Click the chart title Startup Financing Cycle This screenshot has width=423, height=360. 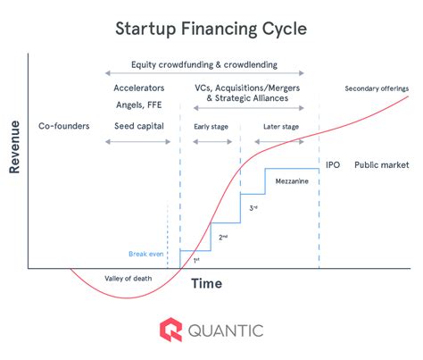point(211,29)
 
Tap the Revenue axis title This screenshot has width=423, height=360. point(14,147)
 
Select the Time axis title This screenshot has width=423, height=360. point(206,283)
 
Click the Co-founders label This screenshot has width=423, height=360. point(64,126)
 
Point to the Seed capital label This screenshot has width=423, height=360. point(139,126)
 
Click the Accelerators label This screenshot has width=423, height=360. point(139,88)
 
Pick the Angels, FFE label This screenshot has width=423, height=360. point(139,105)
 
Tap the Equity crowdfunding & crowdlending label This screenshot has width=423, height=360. point(204,65)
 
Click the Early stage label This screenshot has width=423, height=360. point(211,127)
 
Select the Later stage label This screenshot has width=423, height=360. point(281,127)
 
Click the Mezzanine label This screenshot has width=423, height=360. point(292,181)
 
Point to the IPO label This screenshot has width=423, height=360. point(333,165)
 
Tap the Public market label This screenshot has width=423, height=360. point(382,165)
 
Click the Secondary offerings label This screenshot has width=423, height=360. point(377,88)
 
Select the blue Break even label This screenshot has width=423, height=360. point(146,254)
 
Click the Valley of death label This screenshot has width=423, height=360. point(129,279)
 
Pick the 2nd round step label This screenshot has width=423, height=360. point(223,238)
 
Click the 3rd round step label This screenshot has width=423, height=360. point(253,208)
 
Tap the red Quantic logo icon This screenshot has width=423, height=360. point(170,330)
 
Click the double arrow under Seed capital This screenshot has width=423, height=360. point(138,142)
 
